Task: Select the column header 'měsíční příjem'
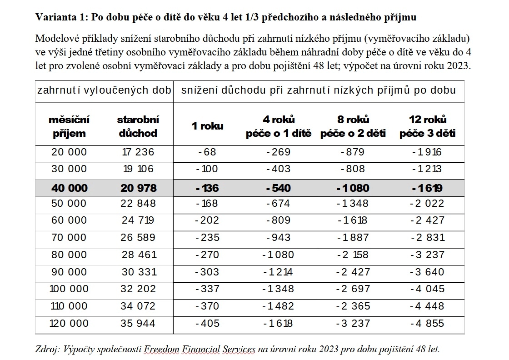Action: [x=69, y=126]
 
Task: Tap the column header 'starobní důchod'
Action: [x=138, y=126]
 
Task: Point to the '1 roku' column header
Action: [x=207, y=126]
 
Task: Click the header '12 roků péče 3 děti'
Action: [x=427, y=126]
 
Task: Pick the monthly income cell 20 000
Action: [x=69, y=152]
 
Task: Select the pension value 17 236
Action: [x=138, y=152]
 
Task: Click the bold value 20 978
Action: [x=139, y=188]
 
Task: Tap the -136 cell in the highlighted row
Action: [x=207, y=188]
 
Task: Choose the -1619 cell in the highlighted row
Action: [x=427, y=188]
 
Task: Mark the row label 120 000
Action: [x=69, y=323]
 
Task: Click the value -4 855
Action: [x=427, y=323]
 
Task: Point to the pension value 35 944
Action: [x=138, y=323]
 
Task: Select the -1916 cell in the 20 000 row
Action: [x=427, y=152]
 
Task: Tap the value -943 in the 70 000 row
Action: [x=278, y=237]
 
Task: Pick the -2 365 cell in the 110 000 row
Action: [x=354, y=306]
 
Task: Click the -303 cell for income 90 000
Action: [x=207, y=272]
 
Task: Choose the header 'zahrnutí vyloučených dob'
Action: [x=104, y=90]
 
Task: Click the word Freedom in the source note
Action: [x=168, y=350]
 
